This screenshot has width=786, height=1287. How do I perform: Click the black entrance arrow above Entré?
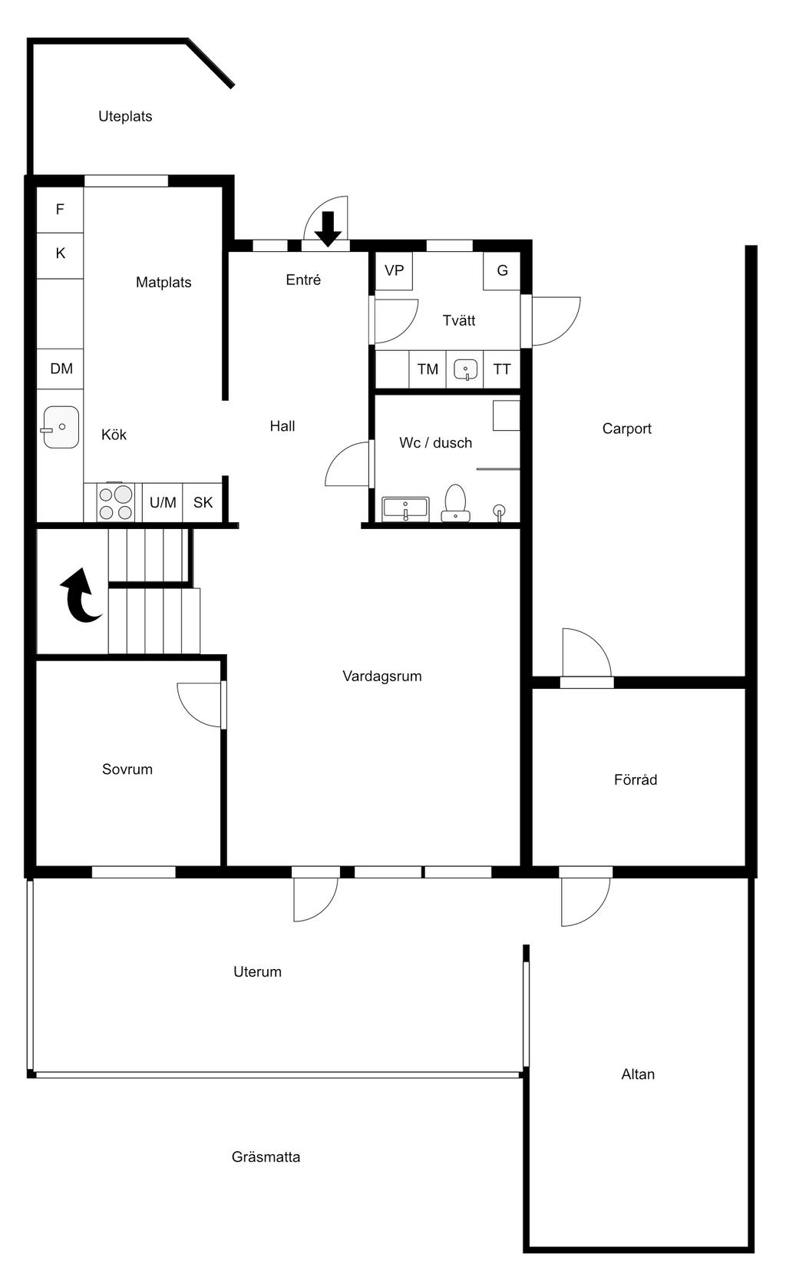(x=328, y=229)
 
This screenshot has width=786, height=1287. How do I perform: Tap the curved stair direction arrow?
(x=81, y=595)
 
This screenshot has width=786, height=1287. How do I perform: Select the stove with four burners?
(x=115, y=503)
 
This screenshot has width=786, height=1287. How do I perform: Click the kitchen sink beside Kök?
(x=61, y=427)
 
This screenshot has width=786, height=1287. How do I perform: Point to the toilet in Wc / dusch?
(x=455, y=503)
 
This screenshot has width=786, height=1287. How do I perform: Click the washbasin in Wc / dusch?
(x=405, y=509)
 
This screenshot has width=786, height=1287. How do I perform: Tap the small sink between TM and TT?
(x=466, y=369)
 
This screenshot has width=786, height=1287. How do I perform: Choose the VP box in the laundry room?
(x=394, y=270)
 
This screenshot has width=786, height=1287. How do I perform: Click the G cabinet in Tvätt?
(x=502, y=270)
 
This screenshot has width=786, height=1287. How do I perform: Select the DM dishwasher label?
(x=61, y=369)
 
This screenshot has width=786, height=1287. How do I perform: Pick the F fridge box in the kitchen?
(x=60, y=210)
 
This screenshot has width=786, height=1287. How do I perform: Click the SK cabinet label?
(x=203, y=503)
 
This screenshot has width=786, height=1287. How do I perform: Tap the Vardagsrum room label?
(x=381, y=677)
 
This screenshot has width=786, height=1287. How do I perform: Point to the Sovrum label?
(x=127, y=769)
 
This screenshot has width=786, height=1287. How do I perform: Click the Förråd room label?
(x=636, y=779)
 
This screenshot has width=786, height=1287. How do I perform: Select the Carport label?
(x=627, y=428)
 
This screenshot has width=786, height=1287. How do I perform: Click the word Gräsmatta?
(x=266, y=1156)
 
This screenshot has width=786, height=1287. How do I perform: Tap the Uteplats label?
(x=125, y=117)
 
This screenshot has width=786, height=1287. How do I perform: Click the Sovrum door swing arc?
(x=190, y=714)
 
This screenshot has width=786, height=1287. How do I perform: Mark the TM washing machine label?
(x=428, y=369)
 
